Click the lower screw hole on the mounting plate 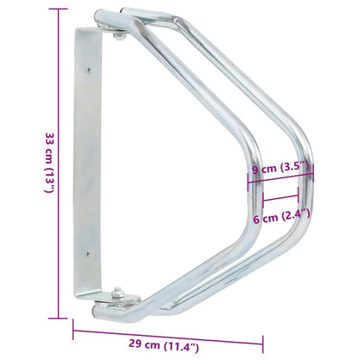tap(86, 253)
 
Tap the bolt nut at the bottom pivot tap(118, 292)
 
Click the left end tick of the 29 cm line tap(74, 326)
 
